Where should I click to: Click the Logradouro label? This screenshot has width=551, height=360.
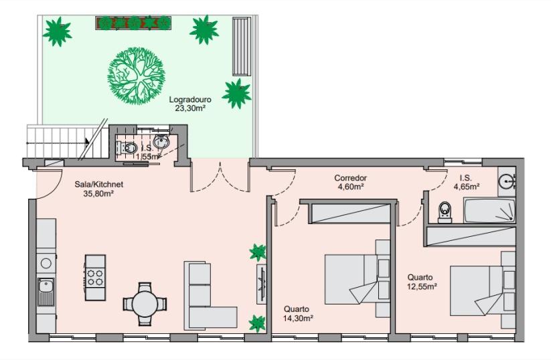click(190, 100)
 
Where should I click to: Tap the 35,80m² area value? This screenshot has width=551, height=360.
click(98, 193)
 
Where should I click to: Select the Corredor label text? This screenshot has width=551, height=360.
click(350, 178)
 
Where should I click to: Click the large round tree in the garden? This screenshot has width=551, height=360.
click(136, 76)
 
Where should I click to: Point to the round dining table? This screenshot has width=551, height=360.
click(145, 304)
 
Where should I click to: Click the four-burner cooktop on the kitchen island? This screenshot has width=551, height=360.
click(95, 277)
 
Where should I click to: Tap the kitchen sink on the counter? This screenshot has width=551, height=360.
click(46, 292)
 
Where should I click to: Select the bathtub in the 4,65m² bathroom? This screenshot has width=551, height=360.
click(489, 210)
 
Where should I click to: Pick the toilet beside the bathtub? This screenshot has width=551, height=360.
click(445, 212)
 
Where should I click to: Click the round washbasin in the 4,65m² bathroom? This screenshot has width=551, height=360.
click(507, 181)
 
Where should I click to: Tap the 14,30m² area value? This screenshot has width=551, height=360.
click(299, 319)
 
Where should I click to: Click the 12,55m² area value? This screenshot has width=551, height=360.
click(422, 286)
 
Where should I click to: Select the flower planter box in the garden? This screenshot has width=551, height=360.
click(133, 23)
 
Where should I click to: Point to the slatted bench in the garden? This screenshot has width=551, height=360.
click(242, 46)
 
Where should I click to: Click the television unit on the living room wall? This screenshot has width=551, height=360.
click(262, 284)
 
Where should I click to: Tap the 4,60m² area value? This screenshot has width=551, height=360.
click(351, 187)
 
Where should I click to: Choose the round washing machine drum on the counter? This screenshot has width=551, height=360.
click(46, 263)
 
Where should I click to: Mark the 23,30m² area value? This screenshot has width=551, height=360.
click(190, 108)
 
